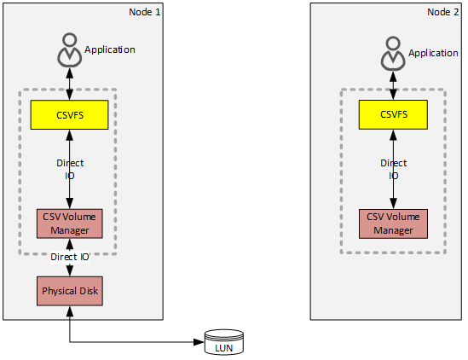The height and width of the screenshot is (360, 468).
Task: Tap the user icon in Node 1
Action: click(x=69, y=51)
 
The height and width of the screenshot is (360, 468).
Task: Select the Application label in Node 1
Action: click(x=110, y=49)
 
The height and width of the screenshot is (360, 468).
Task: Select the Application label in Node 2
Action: click(x=433, y=53)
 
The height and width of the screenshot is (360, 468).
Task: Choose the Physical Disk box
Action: click(x=69, y=291)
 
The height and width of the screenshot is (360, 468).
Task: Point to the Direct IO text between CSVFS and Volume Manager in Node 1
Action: click(x=69, y=168)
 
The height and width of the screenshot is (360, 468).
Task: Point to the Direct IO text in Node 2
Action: click(x=393, y=169)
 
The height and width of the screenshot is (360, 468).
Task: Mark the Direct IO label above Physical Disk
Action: click(x=69, y=256)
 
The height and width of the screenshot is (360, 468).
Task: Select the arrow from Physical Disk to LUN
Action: click(x=136, y=343)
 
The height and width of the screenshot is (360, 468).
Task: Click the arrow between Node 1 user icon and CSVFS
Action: click(x=69, y=83)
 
